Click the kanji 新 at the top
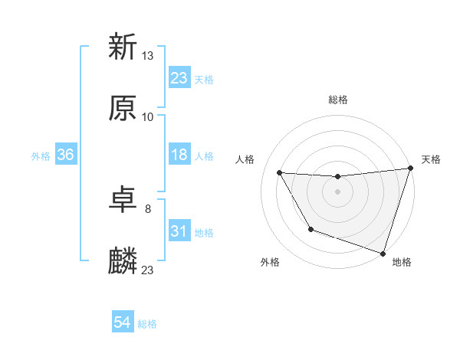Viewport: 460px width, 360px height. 123,47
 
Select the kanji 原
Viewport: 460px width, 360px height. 123,108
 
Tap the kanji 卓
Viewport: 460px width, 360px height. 123,200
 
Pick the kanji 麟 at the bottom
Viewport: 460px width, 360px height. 123,261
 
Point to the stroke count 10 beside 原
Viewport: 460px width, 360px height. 148,116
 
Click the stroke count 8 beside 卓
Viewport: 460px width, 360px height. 148,208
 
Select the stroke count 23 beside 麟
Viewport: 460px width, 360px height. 148,270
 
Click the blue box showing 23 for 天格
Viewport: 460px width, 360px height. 179,77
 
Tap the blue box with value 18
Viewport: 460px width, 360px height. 179,155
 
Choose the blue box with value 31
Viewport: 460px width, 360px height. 179,231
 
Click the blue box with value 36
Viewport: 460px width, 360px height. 66,155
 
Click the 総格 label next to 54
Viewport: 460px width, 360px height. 147,324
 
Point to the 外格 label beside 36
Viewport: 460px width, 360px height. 41,156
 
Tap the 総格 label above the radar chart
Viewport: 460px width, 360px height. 337,100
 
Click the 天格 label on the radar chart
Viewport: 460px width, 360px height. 431,159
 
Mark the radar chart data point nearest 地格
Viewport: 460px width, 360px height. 383,253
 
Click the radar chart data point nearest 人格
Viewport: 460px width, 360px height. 280,173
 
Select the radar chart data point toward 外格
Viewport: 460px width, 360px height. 310,229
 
